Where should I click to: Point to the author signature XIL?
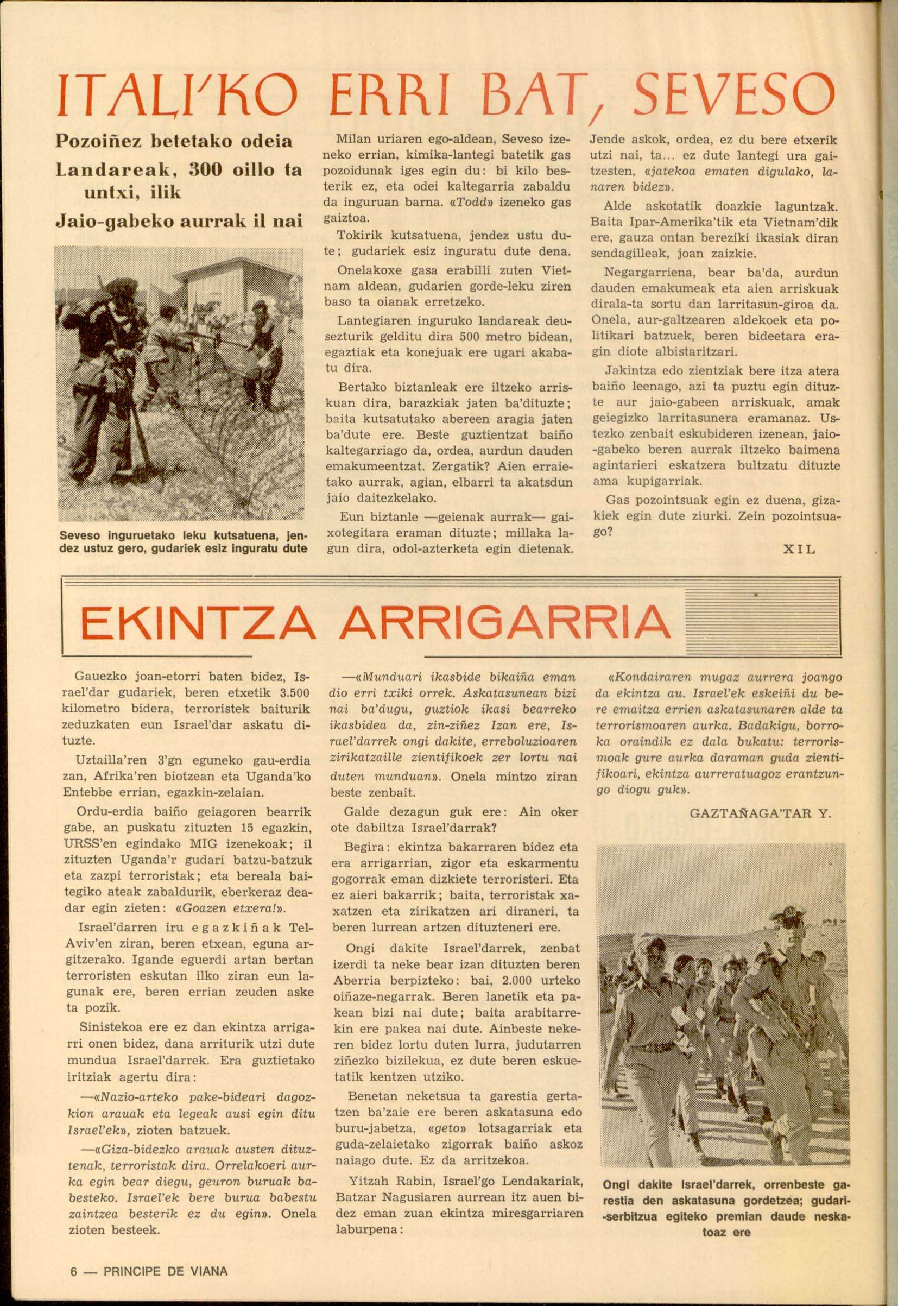click(x=799, y=548)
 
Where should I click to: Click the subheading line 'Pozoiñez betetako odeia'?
click(x=173, y=142)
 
